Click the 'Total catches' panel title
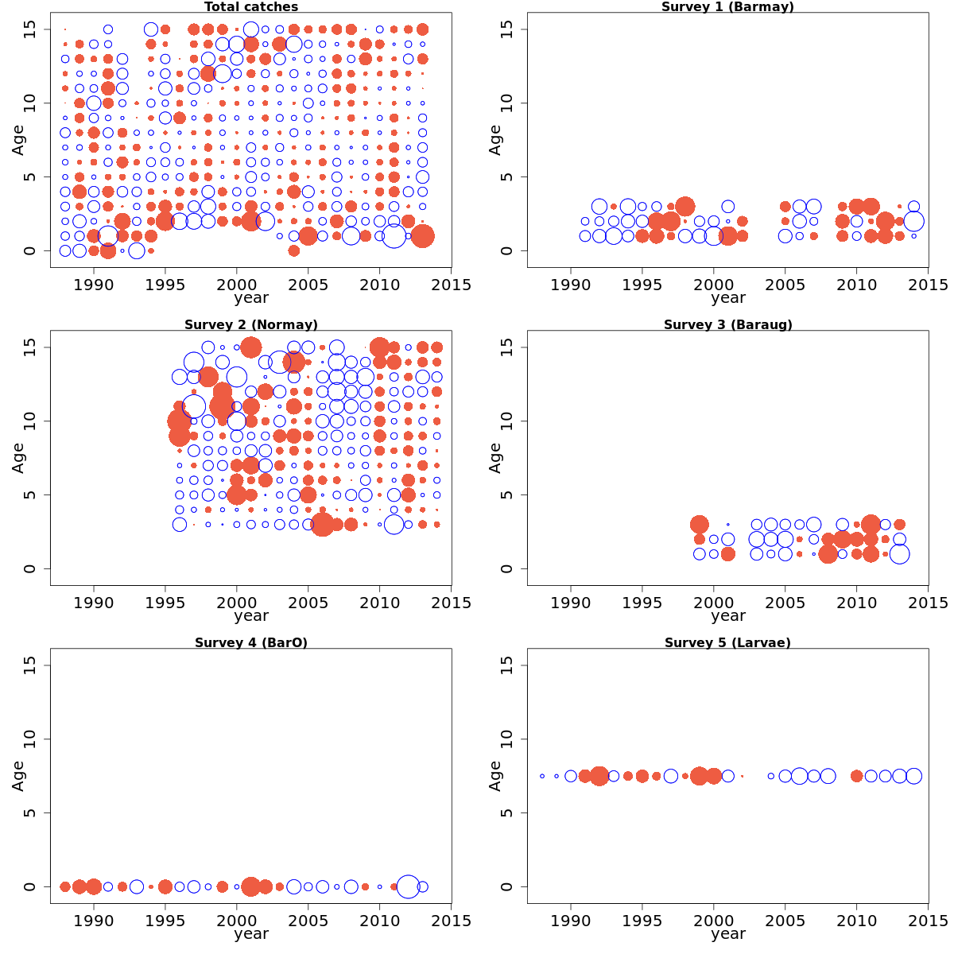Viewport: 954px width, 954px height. click(251, 7)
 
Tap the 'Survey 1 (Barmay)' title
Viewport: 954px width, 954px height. click(727, 7)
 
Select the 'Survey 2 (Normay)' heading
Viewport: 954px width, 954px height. click(251, 325)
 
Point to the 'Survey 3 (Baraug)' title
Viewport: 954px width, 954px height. click(727, 325)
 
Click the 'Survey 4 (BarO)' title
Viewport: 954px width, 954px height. click(251, 643)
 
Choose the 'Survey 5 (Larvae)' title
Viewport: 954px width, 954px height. click(727, 643)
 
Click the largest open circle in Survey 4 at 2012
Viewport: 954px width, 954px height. click(408, 886)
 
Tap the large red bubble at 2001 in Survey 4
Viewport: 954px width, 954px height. click(251, 886)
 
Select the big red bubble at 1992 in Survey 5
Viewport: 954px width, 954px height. click(599, 776)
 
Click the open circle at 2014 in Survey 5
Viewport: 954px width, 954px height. click(913, 776)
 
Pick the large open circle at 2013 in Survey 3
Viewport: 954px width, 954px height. click(899, 554)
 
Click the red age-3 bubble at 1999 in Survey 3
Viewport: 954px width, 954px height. click(700, 525)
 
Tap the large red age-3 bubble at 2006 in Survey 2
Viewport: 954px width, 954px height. click(322, 525)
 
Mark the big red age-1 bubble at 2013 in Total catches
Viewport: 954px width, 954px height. click(422, 236)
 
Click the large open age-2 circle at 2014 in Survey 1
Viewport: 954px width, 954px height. click(913, 221)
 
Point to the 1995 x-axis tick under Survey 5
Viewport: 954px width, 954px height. click(642, 921)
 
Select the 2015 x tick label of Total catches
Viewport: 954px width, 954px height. click(452, 285)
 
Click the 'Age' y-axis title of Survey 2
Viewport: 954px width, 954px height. click(18, 458)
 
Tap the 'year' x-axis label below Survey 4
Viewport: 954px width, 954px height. click(251, 934)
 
